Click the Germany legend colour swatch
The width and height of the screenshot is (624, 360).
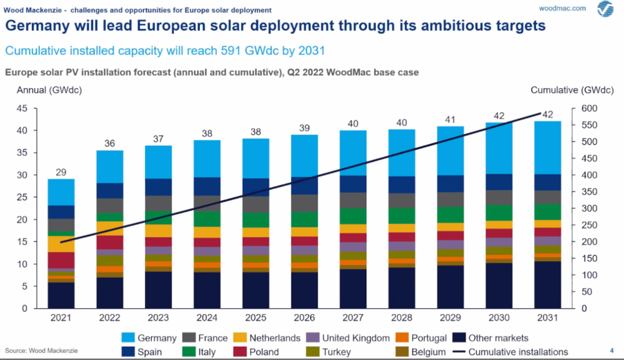[128, 337]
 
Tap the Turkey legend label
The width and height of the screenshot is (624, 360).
[336, 352]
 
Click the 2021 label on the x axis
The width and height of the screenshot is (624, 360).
[61, 317]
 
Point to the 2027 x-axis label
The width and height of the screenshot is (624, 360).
[353, 317]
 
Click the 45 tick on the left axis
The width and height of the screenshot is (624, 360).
[22, 109]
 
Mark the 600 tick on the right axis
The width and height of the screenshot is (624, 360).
[589, 109]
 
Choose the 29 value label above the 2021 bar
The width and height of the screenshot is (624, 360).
[61, 172]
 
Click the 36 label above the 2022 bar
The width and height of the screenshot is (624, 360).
[110, 143]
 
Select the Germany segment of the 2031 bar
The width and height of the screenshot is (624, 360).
[547, 148]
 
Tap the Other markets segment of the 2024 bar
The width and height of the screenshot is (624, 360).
[207, 290]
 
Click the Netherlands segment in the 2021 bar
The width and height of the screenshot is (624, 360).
[61, 244]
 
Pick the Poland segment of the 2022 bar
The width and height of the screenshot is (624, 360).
[110, 242]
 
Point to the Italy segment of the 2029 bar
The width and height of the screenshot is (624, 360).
[450, 214]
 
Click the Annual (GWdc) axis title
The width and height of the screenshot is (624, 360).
[49, 90]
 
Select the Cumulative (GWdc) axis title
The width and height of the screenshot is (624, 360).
[572, 90]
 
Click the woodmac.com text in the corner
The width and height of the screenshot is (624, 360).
[562, 8]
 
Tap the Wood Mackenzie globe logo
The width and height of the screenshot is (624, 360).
[605, 9]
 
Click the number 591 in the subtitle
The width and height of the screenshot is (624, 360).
[231, 51]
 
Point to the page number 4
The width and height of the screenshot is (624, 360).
[612, 351]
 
